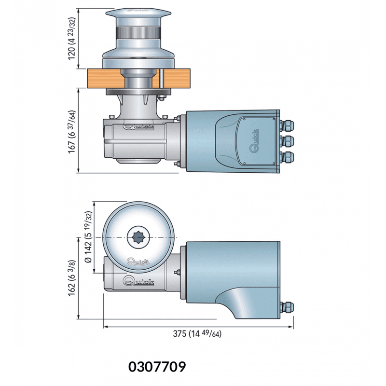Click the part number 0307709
157,367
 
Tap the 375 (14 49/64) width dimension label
197,333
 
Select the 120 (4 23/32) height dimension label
71,39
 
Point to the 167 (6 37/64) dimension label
71,132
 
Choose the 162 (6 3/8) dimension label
71,278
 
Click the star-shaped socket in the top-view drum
138,237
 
